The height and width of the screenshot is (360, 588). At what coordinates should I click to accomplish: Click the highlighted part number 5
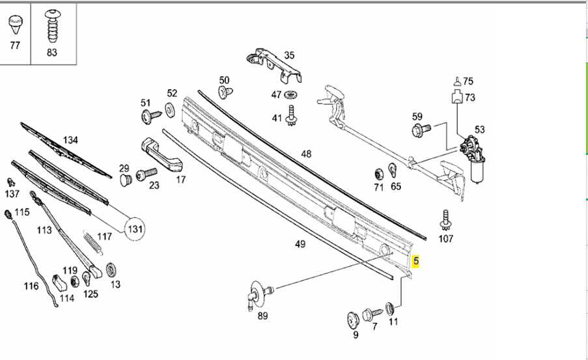point(417,262)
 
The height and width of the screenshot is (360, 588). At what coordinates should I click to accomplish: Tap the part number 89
point(263,316)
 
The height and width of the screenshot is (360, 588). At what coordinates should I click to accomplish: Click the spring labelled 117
point(91,242)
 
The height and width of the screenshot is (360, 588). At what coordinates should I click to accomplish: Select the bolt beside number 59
point(419,131)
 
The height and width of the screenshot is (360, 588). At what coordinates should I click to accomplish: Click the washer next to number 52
point(170,110)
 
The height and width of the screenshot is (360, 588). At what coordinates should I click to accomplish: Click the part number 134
point(70,140)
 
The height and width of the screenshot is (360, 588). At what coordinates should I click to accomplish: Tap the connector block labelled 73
point(458,98)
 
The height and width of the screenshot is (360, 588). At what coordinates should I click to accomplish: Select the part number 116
point(31,286)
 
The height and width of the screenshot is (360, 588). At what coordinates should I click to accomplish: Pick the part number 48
point(306,154)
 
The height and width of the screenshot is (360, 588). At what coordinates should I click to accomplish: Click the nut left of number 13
point(111,268)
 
